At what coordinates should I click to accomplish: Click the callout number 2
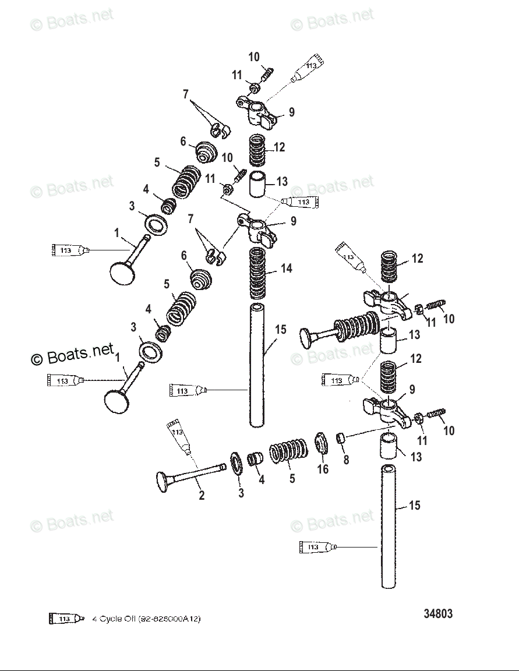[x=202, y=496]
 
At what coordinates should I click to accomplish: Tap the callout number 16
[x=322, y=469]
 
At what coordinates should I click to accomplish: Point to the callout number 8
[x=346, y=460]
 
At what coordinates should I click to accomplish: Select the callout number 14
[x=286, y=269]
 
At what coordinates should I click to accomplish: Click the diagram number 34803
[x=437, y=614]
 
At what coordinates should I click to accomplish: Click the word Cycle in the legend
[x=111, y=619]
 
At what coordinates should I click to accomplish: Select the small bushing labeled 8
[x=342, y=437]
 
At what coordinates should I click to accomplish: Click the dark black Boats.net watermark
[x=72, y=355]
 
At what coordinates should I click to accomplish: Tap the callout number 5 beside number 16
[x=292, y=478]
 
